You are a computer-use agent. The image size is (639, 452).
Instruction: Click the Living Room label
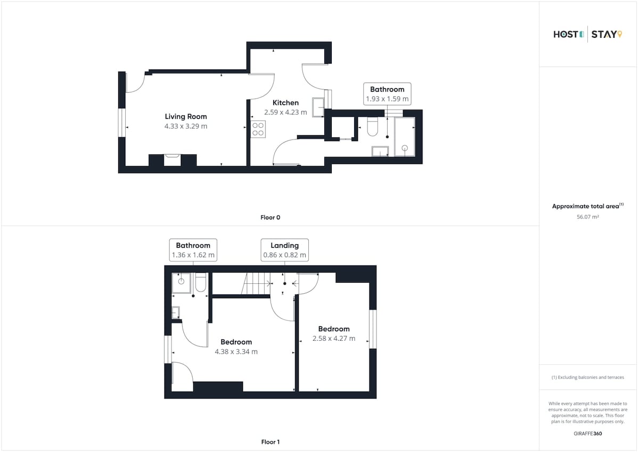click(186, 117)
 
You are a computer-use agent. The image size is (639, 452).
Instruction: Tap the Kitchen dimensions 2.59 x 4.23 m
click(285, 112)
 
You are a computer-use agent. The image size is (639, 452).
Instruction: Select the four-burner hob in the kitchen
click(258, 129)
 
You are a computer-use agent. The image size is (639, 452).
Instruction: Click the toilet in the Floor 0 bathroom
click(372, 126)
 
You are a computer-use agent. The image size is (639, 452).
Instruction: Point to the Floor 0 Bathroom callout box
click(387, 94)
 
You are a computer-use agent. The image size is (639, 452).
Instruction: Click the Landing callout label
click(284, 250)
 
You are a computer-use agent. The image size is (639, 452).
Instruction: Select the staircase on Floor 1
click(256, 283)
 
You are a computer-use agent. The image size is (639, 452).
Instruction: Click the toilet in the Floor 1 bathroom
click(201, 282)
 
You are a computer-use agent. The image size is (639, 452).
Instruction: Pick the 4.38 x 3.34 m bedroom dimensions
click(236, 351)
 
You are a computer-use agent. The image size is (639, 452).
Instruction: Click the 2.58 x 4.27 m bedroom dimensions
click(334, 339)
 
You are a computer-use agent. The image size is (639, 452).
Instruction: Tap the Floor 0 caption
click(270, 217)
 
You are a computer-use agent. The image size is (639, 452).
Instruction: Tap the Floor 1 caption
click(271, 442)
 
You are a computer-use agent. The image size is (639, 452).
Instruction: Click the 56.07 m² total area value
click(588, 217)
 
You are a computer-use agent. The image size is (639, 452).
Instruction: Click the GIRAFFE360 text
click(588, 433)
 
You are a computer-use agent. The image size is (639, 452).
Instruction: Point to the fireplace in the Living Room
click(173, 160)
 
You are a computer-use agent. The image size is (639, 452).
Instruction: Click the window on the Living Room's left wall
click(122, 122)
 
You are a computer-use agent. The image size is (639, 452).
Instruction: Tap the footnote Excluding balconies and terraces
click(588, 377)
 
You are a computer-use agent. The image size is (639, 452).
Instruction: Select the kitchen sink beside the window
click(318, 107)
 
